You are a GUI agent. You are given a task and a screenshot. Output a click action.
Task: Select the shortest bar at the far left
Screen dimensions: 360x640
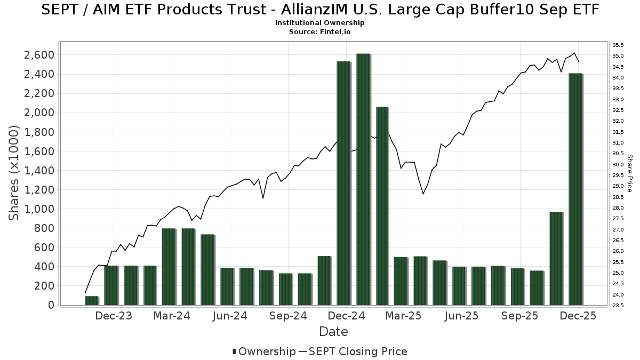(x=92, y=300)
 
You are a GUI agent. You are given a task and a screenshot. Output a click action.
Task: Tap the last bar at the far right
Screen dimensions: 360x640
(x=575, y=189)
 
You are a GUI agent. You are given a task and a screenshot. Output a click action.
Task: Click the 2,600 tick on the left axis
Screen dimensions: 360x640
(x=39, y=55)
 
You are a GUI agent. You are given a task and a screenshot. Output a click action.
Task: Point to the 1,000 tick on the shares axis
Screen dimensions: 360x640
(x=39, y=209)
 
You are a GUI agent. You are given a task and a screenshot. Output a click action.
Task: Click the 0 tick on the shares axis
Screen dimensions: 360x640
(x=51, y=305)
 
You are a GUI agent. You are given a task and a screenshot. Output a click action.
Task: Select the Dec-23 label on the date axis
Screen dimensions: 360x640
(x=114, y=316)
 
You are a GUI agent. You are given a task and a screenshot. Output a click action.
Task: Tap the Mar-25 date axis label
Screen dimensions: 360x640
(x=404, y=316)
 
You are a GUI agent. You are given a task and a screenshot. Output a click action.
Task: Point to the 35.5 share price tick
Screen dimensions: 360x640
(x=619, y=45)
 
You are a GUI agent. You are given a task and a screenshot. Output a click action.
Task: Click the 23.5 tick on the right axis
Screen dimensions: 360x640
(x=619, y=305)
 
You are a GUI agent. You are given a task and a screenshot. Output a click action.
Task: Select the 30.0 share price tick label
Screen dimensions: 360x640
(x=619, y=164)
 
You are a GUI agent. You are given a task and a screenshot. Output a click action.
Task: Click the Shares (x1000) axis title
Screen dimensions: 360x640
(x=14, y=173)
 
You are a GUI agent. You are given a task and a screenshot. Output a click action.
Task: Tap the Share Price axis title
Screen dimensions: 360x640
(x=629, y=173)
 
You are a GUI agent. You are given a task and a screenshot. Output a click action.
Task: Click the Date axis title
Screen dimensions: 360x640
(x=333, y=332)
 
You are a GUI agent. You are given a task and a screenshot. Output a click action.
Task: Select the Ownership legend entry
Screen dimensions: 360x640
(x=263, y=351)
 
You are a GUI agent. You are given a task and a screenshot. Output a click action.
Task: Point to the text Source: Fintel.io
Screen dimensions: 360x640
(x=319, y=32)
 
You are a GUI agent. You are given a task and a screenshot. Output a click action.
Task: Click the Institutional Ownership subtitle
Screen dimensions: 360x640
(x=319, y=23)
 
